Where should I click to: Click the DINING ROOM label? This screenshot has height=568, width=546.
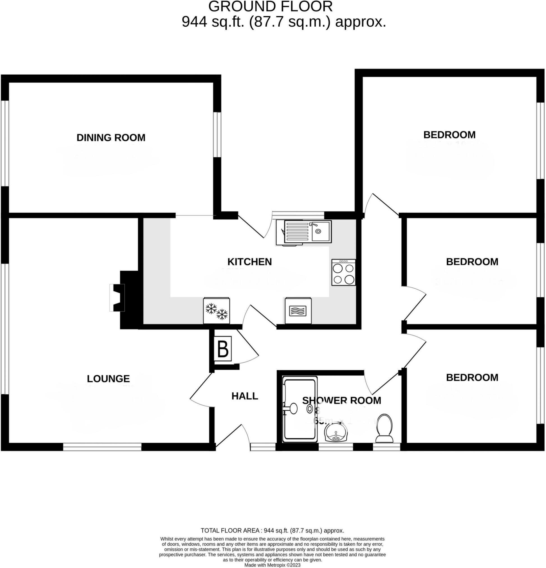(111, 137)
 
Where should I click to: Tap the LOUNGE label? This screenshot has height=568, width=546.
(108, 378)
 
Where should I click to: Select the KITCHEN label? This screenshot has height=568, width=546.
(249, 262)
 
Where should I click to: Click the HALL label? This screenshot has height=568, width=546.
(244, 396)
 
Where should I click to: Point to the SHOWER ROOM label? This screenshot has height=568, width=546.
(341, 400)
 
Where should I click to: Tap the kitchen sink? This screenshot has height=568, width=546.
(307, 231)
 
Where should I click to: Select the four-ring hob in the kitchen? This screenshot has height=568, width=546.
(344, 272)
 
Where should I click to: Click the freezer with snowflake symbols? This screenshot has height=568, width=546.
(216, 311)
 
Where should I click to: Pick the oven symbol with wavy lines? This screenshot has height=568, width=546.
(298, 311)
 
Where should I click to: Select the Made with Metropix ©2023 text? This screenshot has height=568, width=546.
(272, 565)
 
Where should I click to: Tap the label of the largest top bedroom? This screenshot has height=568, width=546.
(449, 135)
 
